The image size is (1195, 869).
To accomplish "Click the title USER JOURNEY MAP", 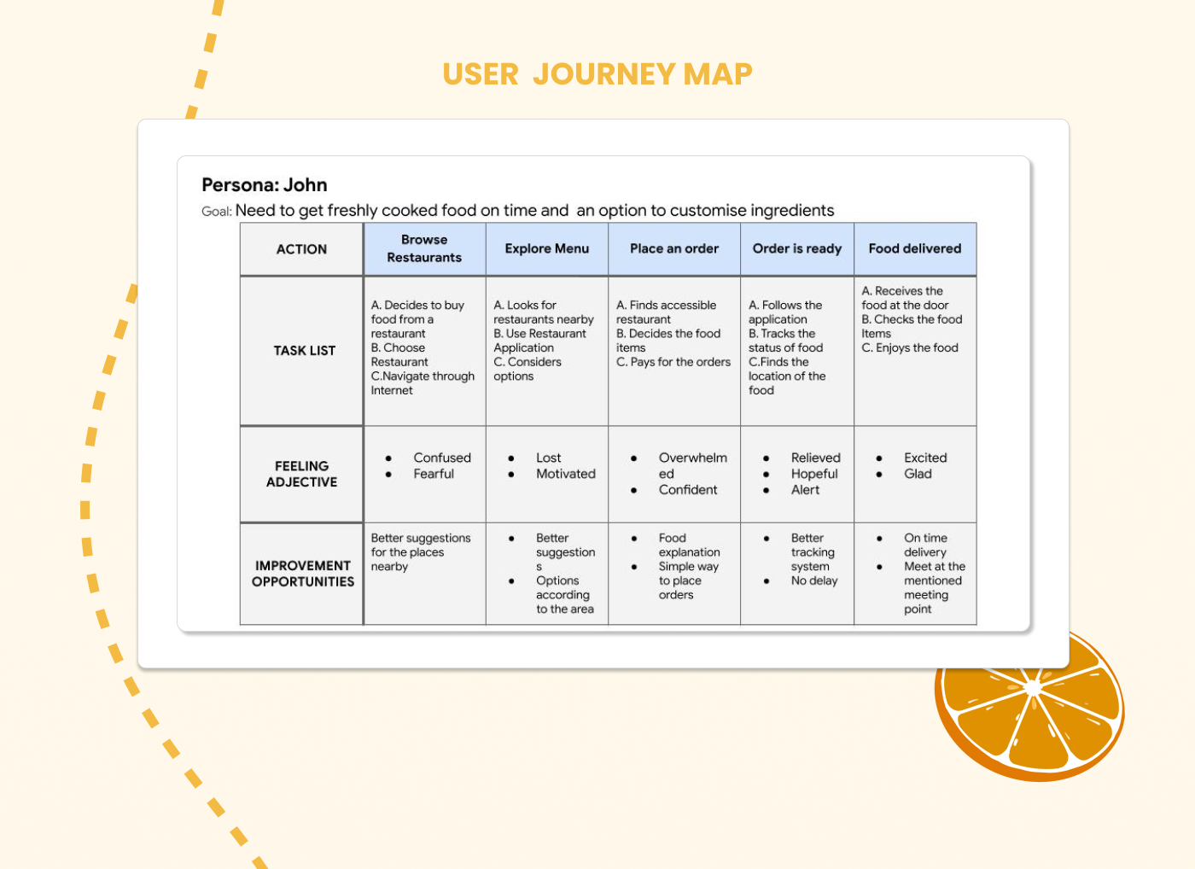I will tap(597, 74).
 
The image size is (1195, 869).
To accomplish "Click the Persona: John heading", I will tap(265, 185).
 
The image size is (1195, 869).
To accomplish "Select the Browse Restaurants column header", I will tap(424, 248).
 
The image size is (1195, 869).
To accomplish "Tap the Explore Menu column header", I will tap(546, 248).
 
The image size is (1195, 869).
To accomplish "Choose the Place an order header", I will tap(674, 248).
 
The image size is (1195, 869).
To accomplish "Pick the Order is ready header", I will tap(797, 248).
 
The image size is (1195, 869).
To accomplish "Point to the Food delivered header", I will tap(915, 248).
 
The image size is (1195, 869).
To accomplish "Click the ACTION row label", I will tap(301, 249).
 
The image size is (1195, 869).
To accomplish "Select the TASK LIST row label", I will tap(304, 351).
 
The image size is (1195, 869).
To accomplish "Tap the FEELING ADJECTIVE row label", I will tap(301, 474).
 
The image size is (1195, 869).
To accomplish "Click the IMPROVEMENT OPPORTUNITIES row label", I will tap(303, 574).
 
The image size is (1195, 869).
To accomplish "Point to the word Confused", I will tap(442, 458).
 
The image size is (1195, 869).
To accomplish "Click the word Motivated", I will tap(566, 474).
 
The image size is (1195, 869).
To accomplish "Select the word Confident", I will tap(688, 490).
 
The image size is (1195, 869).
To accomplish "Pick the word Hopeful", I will tap(814, 474).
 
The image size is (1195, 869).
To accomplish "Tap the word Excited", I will tap(925, 458).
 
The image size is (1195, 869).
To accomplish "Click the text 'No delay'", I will tap(814, 580).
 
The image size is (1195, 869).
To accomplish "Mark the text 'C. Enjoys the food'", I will tap(910, 347).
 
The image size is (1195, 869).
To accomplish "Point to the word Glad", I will tap(918, 474).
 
